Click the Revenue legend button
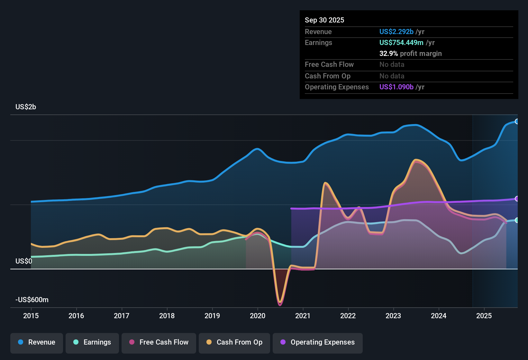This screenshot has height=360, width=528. (x=37, y=342)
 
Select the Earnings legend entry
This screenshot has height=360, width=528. (x=92, y=342)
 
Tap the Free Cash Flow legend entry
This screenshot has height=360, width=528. (x=159, y=342)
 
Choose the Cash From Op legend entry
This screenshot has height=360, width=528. (x=234, y=342)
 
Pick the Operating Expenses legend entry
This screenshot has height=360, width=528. (x=318, y=342)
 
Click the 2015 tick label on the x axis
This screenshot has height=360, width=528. (x=31, y=316)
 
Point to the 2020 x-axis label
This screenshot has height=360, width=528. (x=258, y=316)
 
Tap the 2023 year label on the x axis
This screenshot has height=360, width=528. (x=393, y=316)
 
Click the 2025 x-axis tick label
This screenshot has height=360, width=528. (x=484, y=316)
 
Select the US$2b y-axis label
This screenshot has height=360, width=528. (x=26, y=107)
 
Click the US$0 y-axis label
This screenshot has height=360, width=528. (x=24, y=261)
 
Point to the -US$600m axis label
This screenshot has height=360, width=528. (x=32, y=300)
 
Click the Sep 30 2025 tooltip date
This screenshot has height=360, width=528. (x=324, y=20)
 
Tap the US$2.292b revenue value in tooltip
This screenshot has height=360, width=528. (x=396, y=32)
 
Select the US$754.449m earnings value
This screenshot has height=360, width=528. (x=401, y=42)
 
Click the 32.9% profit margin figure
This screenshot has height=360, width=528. (x=388, y=53)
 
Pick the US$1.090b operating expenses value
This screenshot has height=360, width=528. (x=396, y=87)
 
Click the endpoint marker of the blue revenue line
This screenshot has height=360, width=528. (x=517, y=122)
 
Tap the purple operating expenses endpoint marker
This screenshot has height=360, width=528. (x=517, y=199)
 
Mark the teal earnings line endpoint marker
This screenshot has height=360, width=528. (x=517, y=220)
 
